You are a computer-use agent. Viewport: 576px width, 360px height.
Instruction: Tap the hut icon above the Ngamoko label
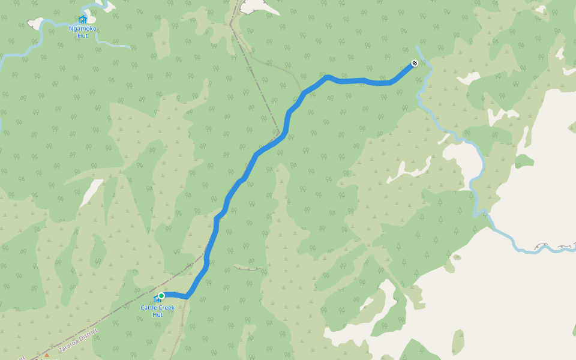point(83,19)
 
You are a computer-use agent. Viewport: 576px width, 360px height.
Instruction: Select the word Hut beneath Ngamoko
point(83,35)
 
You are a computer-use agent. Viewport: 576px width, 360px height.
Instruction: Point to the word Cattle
point(148,308)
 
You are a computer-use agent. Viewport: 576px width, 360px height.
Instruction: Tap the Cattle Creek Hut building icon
point(157,299)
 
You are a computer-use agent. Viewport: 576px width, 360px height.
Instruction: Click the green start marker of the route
point(161,295)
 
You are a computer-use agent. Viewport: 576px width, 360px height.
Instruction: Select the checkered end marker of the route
point(414,63)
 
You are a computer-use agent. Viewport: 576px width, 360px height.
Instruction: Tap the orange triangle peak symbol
point(46,355)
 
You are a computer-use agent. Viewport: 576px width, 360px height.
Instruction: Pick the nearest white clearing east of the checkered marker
point(468,79)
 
